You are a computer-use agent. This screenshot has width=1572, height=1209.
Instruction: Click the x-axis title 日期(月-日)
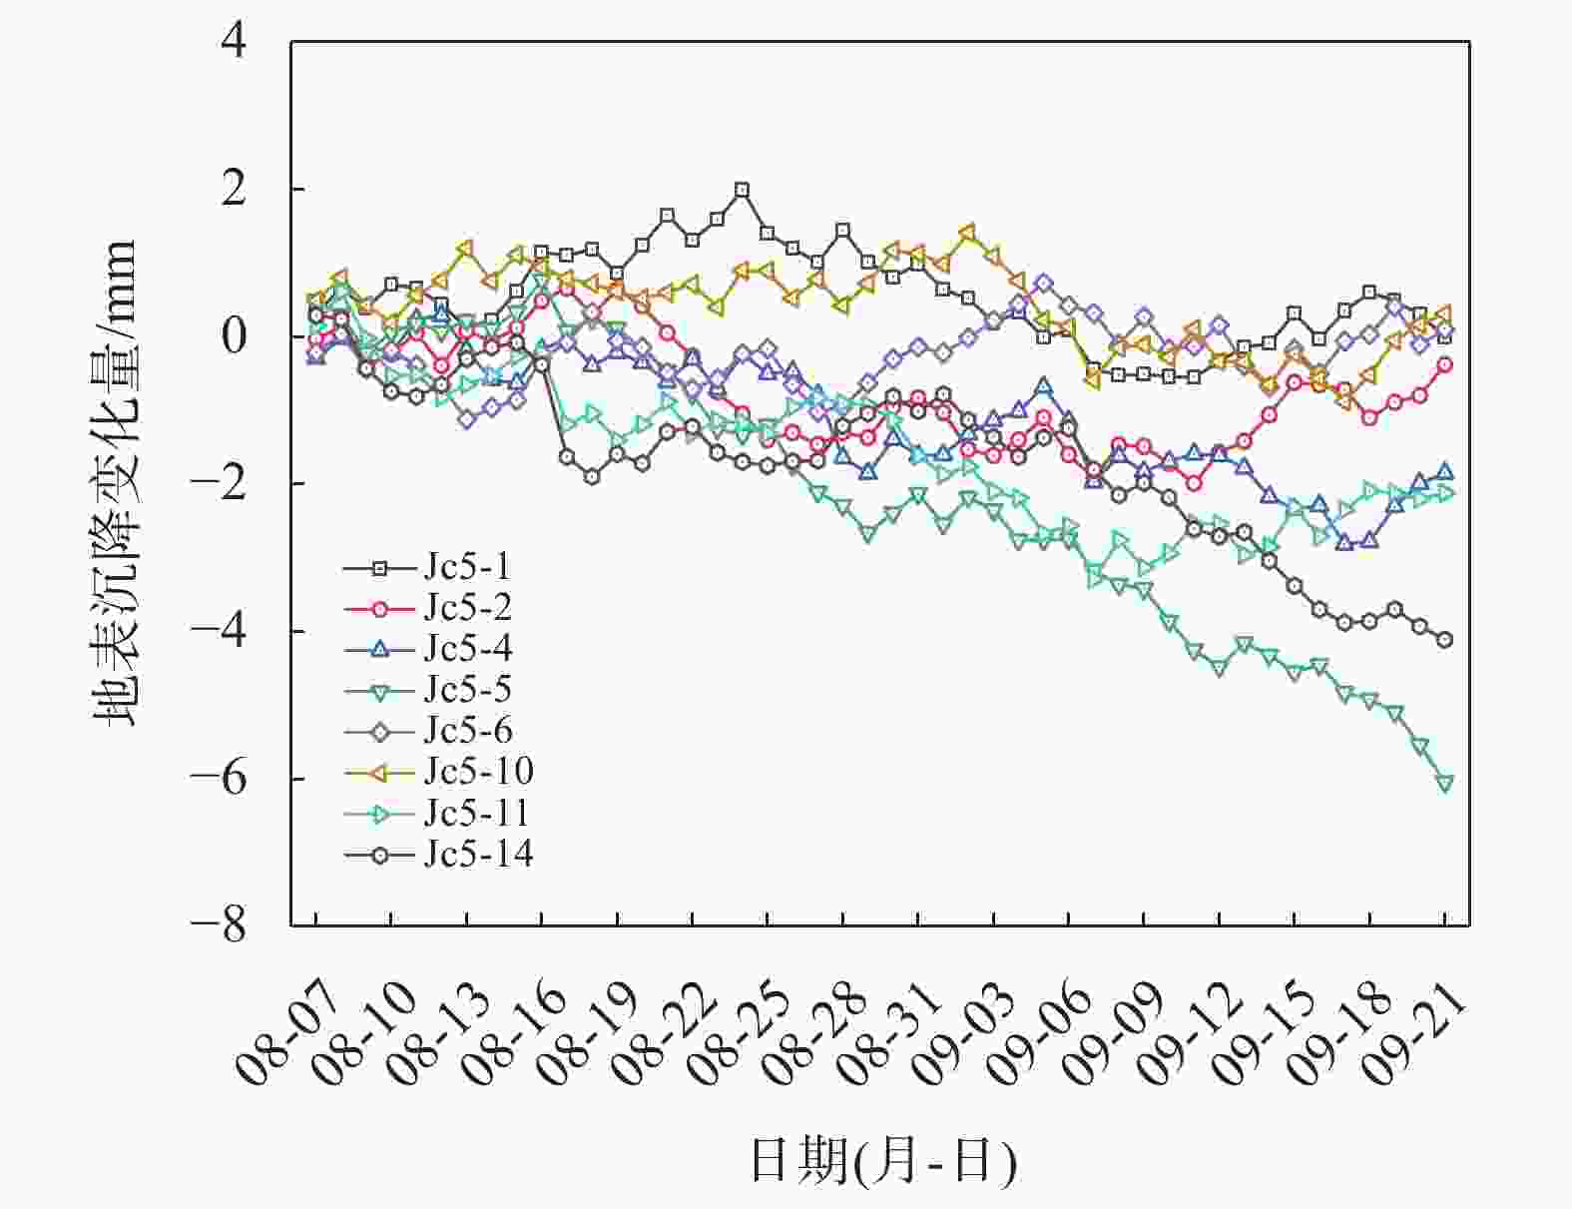[882, 1161]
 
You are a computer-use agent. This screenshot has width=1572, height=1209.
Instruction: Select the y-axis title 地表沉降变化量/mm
[114, 483]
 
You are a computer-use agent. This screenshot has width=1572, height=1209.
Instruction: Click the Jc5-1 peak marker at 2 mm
[742, 190]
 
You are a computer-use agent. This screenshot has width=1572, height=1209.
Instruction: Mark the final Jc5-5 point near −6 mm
[1444, 784]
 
